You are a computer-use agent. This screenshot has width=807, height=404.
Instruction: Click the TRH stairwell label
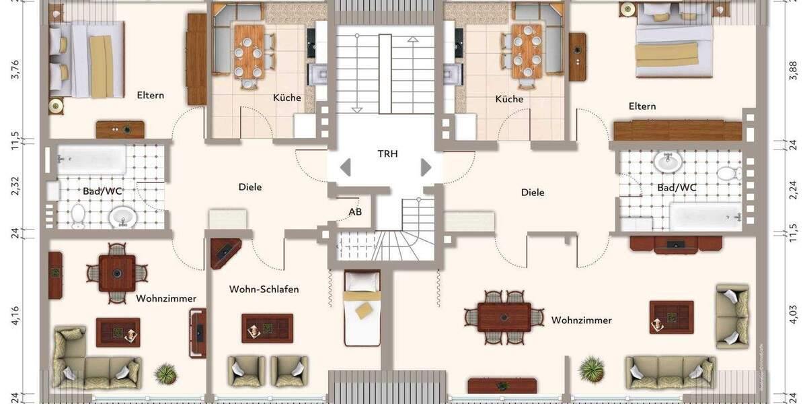click(387, 154)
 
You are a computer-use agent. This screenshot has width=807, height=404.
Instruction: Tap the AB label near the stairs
click(355, 212)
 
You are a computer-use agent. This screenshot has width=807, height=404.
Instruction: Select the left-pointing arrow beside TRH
click(345, 167)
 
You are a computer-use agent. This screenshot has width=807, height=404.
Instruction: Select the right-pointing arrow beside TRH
click(426, 167)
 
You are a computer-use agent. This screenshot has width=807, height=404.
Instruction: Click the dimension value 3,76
click(15, 69)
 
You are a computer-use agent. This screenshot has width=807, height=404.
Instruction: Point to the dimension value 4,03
click(793, 316)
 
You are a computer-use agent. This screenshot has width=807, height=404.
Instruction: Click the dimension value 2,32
click(15, 186)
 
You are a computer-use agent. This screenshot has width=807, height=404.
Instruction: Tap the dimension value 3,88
click(793, 69)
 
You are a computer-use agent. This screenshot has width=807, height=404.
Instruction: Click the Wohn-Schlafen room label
click(264, 290)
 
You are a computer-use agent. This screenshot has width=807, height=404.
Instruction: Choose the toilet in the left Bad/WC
click(78, 216)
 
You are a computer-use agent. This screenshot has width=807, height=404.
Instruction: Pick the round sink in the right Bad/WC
click(668, 161)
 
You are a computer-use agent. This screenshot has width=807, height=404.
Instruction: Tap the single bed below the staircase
click(362, 306)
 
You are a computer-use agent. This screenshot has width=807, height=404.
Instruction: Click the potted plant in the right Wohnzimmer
click(592, 368)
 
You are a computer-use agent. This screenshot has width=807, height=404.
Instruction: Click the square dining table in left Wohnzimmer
click(117, 273)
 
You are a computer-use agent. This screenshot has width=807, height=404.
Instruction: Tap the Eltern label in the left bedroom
click(150, 95)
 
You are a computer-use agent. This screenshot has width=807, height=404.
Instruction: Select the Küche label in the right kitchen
click(509, 99)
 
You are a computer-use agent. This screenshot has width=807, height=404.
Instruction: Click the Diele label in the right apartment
click(533, 193)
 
